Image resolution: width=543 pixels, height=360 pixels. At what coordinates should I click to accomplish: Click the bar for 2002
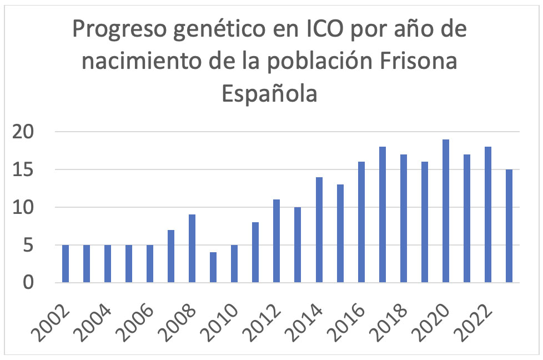pyautogui.click(x=66, y=264)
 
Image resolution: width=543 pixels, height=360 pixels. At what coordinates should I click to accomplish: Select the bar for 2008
pyautogui.click(x=192, y=249)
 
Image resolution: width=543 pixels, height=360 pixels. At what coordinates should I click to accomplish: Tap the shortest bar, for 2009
pyautogui.click(x=213, y=268)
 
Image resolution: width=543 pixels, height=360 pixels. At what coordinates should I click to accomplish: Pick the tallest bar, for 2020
pyautogui.click(x=446, y=211)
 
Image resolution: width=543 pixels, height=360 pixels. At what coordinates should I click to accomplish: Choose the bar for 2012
pyautogui.click(x=276, y=241)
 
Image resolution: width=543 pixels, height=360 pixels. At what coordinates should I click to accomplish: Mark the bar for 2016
pyautogui.click(x=361, y=222)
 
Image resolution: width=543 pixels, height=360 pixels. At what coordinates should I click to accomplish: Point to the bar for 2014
pyautogui.click(x=319, y=230)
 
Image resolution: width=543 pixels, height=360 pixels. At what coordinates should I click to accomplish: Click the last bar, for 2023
pyautogui.click(x=509, y=226)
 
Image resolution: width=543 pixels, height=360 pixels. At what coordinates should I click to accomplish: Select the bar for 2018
pyautogui.click(x=404, y=218)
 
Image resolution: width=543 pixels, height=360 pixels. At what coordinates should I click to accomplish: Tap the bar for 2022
pyautogui.click(x=488, y=215)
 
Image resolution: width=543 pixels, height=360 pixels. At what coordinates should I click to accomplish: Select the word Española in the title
pyautogui.click(x=270, y=93)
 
